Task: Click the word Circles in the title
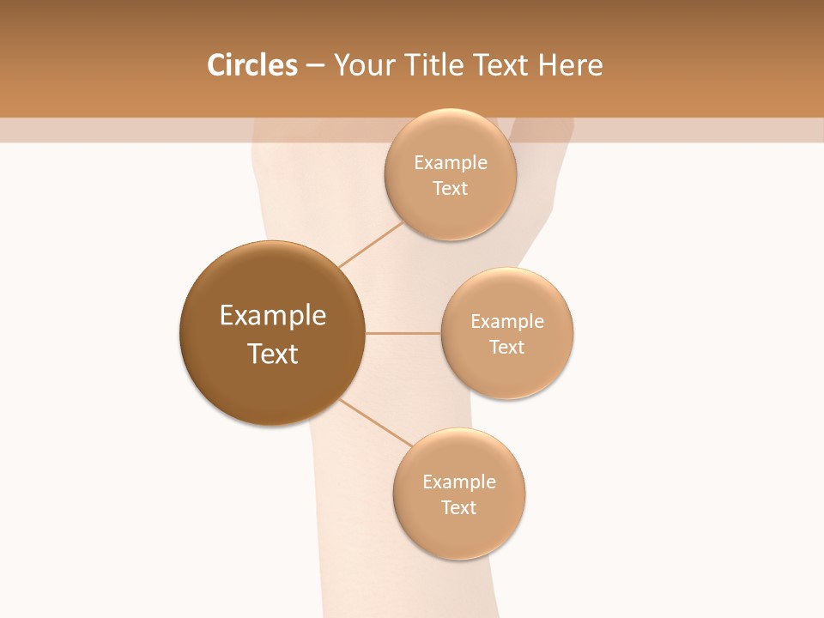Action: click(251, 65)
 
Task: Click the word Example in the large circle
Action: click(273, 316)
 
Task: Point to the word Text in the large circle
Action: click(273, 354)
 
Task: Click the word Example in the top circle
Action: click(451, 163)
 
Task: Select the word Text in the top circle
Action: click(451, 189)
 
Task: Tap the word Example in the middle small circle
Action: click(507, 322)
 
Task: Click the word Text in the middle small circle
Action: click(507, 348)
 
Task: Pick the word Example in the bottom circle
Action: click(459, 482)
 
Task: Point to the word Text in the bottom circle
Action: click(459, 508)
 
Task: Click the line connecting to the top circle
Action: click(371, 245)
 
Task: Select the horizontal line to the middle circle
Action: click(403, 333)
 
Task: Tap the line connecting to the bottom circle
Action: click(376, 423)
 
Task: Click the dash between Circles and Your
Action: click(314, 66)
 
